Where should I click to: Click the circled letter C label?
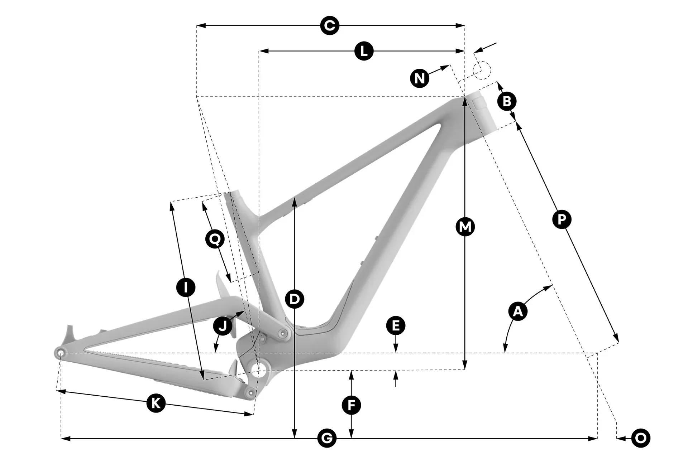pos(330,26)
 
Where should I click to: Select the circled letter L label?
pos(364,51)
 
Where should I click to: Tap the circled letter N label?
pos(420,78)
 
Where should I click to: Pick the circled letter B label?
pos(507,101)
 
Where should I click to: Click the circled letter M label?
pos(465,226)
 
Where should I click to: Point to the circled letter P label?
pos(562,219)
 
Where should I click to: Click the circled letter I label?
pos(186,287)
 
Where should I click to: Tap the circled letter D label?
pos(294,299)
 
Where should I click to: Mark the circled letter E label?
pos(396,326)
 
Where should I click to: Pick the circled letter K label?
pos(156,403)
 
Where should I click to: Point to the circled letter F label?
pos(351,405)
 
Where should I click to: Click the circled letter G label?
pos(327,438)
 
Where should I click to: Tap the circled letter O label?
pos(641,438)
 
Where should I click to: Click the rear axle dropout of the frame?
pos(60,352)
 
